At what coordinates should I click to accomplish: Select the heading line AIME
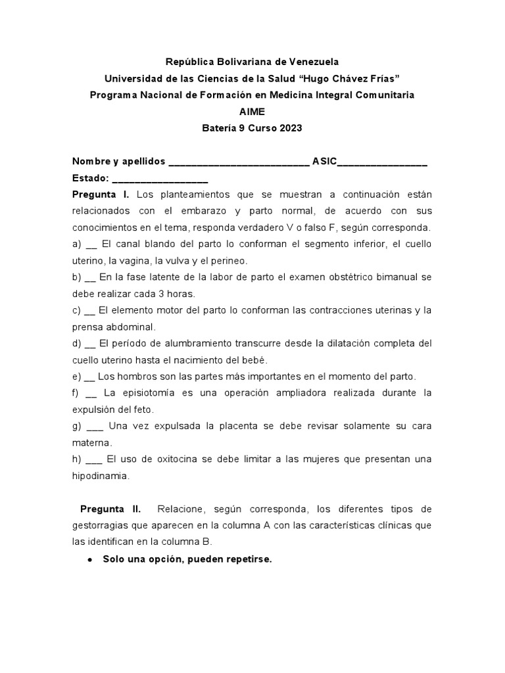tap(252, 112)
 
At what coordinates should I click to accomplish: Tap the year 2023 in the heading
tap(290, 128)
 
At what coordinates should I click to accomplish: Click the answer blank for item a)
tap(91, 245)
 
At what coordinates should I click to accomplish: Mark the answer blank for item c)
tap(91, 311)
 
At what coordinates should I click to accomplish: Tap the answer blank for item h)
tap(94, 459)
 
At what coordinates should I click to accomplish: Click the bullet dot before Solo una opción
tap(89, 559)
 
